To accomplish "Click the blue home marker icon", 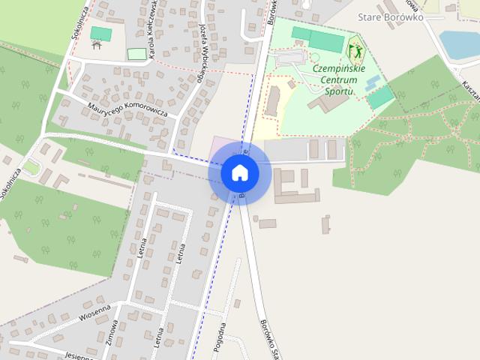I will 239,173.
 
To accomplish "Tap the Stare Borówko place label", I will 391,16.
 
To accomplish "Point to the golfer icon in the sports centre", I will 354,52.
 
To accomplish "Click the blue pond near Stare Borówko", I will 459,43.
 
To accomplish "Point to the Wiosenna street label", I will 94,311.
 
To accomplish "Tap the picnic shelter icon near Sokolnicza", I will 96,45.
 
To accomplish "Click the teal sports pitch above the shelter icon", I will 100,33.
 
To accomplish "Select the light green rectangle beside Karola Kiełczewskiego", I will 136,54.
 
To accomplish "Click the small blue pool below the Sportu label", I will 373,83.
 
